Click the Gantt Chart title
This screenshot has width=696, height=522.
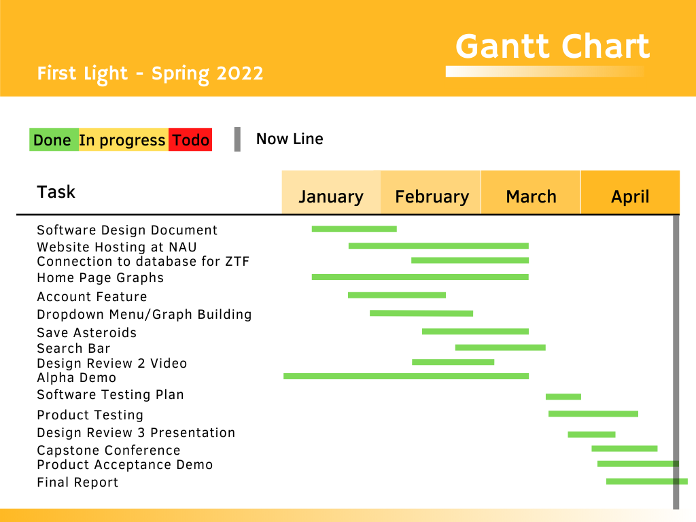(x=553, y=46)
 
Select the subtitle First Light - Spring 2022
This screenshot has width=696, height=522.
(x=150, y=73)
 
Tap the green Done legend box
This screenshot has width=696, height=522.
(x=54, y=139)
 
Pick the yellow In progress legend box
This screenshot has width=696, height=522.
(x=124, y=139)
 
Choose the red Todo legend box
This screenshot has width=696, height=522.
(x=190, y=139)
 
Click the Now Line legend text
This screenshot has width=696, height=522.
(x=290, y=139)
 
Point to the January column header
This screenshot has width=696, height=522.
(x=331, y=192)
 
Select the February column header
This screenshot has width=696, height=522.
(x=431, y=192)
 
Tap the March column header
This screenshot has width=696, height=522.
(x=531, y=192)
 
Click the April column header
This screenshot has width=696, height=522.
(x=630, y=192)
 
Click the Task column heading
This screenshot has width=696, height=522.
(x=56, y=192)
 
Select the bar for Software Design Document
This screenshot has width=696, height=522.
(x=354, y=229)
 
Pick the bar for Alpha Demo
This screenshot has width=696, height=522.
(x=406, y=377)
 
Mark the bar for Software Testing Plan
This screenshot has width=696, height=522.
(x=563, y=397)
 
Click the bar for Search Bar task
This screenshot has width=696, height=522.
(x=500, y=347)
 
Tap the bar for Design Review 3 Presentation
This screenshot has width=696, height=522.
(x=592, y=434)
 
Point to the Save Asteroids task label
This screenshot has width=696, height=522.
(x=86, y=333)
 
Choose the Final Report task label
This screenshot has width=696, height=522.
(x=77, y=483)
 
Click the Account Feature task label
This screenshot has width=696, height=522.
(x=92, y=296)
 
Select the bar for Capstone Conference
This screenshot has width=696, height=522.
(x=625, y=449)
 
